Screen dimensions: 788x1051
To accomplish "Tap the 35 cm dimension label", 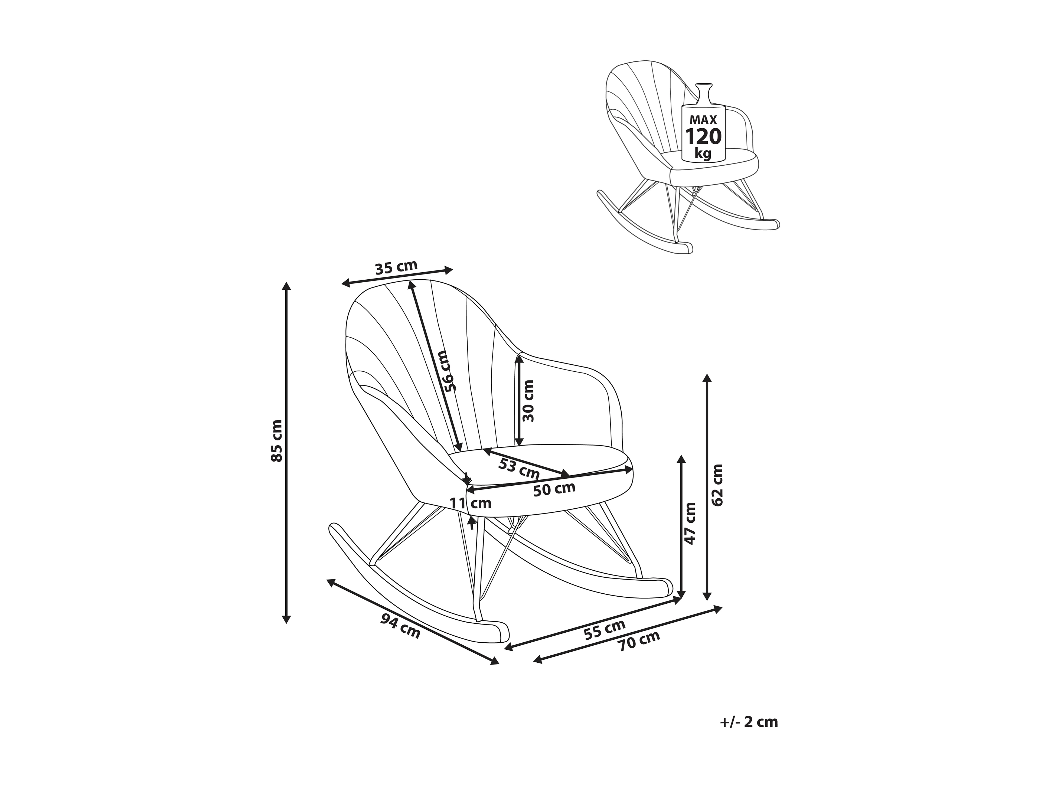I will [x=396, y=267].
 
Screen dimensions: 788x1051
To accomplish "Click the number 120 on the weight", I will [x=703, y=137].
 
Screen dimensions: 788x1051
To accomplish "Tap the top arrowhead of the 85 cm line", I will [x=286, y=286].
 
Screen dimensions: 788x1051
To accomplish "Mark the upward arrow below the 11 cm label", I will [x=471, y=522].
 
